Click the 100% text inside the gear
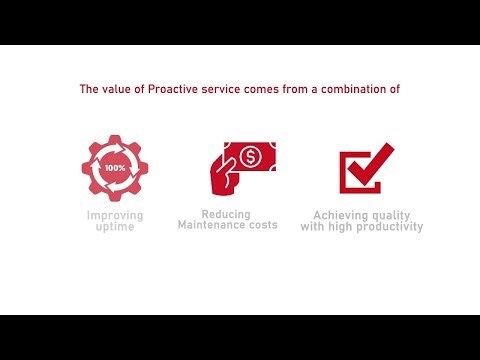point(115,168)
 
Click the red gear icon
point(115,168)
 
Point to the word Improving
point(115,215)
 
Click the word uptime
point(115,227)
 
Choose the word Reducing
point(226,214)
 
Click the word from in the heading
point(293,89)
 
